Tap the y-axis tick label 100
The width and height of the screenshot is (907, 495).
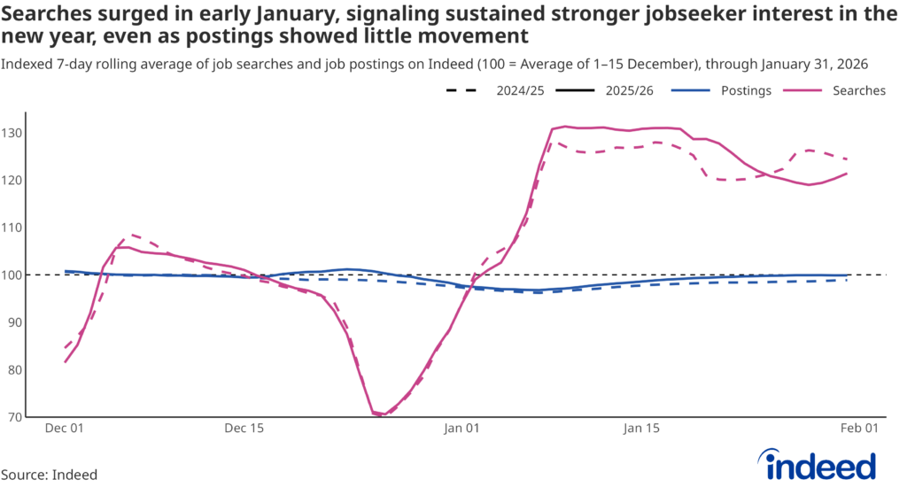tap(12, 275)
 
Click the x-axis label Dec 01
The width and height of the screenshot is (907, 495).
tap(64, 429)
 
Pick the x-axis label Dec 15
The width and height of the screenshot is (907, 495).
tap(244, 429)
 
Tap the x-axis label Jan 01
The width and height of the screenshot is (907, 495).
tap(461, 429)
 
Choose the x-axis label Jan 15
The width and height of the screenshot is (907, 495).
tap(641, 429)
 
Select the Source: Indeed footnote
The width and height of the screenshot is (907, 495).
tap(49, 475)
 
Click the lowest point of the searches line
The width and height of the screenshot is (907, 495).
tap(382, 414)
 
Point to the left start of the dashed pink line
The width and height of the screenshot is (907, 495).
tap(66, 348)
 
